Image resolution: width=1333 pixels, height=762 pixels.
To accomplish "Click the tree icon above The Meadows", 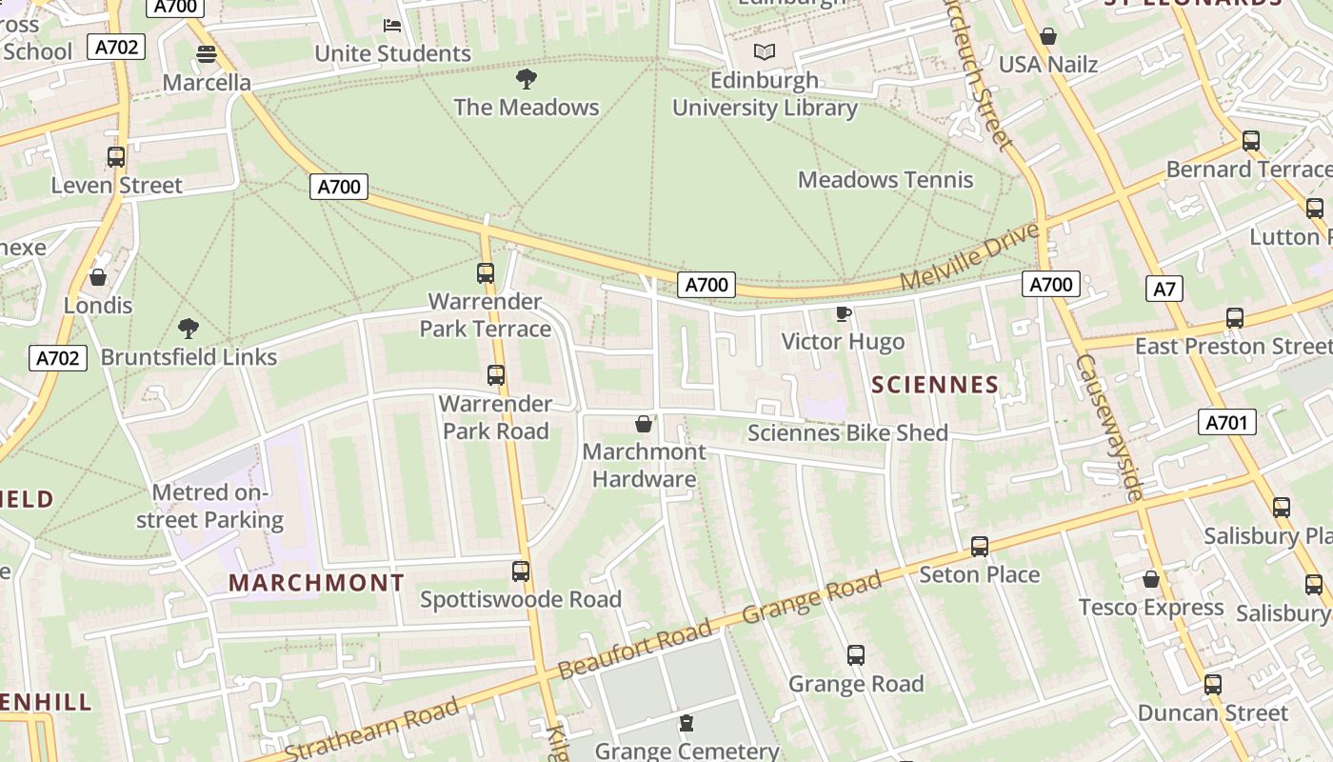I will click(526, 78).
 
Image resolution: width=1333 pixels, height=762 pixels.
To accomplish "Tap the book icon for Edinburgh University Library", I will click(764, 51).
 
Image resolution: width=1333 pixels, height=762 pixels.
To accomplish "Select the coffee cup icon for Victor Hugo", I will click(843, 313).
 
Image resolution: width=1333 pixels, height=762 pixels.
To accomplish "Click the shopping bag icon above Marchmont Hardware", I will click(645, 424).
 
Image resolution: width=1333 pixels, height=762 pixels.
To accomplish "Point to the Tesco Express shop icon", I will click(1151, 579).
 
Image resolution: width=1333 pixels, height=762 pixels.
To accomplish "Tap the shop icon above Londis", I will click(97, 278).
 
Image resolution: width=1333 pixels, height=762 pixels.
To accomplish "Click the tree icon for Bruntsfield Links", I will click(189, 329).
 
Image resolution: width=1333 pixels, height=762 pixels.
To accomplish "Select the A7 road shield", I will click(1164, 289).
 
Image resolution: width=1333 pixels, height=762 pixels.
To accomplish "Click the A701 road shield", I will click(1226, 422).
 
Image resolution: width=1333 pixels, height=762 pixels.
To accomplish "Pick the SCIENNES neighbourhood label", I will click(935, 385).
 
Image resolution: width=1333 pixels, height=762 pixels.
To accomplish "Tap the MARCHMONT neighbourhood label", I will click(317, 583).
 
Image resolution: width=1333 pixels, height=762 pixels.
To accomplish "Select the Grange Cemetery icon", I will click(686, 723).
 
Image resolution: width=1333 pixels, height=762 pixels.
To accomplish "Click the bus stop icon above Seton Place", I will click(979, 547).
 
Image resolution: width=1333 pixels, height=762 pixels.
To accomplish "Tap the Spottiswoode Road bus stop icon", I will click(521, 571).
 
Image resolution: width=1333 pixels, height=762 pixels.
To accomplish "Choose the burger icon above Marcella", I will click(207, 54).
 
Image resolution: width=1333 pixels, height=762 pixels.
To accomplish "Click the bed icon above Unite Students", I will click(392, 25).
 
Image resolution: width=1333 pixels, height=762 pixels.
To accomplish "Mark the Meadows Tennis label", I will click(885, 179).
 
